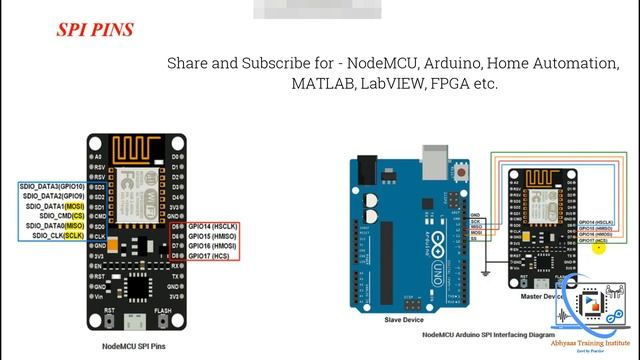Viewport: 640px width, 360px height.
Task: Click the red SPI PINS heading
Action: click(95, 30)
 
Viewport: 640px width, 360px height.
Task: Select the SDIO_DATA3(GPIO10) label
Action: click(52, 186)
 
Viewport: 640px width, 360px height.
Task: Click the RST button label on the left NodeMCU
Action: click(109, 311)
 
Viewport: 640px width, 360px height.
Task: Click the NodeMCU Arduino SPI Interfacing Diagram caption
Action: click(489, 335)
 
